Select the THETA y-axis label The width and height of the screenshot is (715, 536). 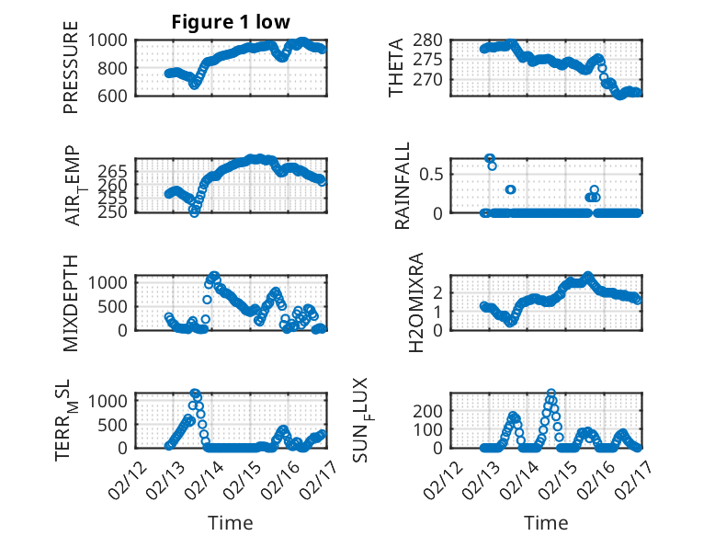[396, 66]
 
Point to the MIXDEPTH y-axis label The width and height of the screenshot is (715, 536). [71, 302]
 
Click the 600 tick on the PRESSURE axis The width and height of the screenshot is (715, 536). [115, 96]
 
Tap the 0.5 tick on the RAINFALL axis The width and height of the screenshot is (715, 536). [433, 173]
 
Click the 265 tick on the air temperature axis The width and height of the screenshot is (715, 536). [115, 172]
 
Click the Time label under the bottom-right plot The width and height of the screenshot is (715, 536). [546, 523]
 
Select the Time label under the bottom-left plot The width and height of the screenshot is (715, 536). [230, 523]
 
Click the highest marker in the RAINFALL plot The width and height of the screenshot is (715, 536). [489, 159]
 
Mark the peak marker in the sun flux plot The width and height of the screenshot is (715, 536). [550, 393]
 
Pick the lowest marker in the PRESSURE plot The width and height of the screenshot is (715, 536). [194, 85]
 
